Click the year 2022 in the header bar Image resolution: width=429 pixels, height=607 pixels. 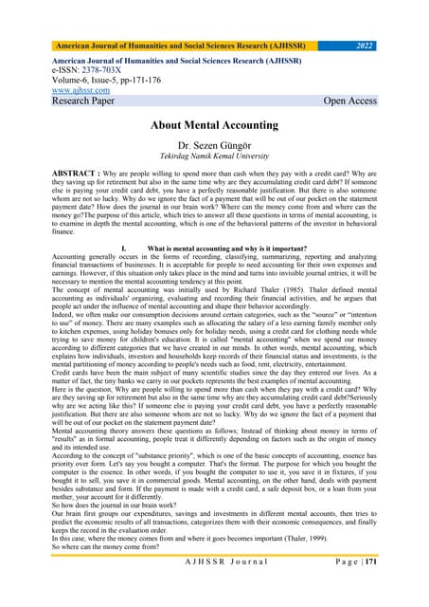[371, 45]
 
